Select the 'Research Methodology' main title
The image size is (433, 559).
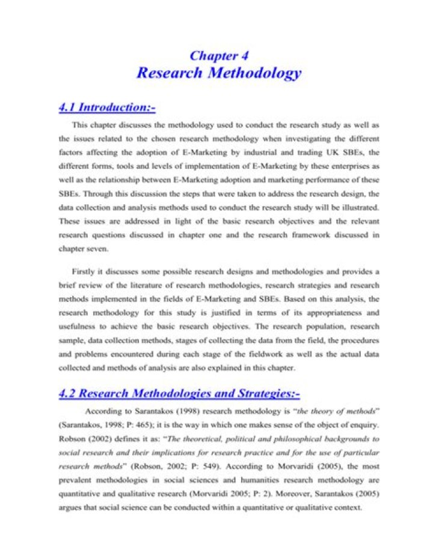[219, 73]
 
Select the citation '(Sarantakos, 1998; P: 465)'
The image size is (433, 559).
[108, 425]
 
